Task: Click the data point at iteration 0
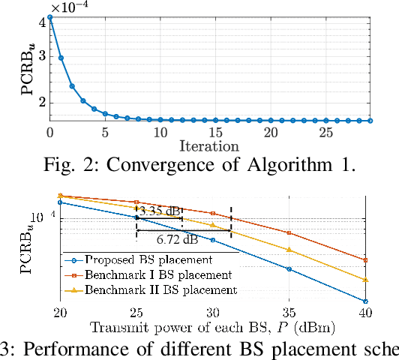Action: coord(50,16)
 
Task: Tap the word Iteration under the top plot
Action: coord(209,145)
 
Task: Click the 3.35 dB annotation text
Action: coord(159,211)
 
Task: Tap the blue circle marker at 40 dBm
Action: coord(365,301)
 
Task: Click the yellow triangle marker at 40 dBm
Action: coord(365,280)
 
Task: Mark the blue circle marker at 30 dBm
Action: coord(213,240)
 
